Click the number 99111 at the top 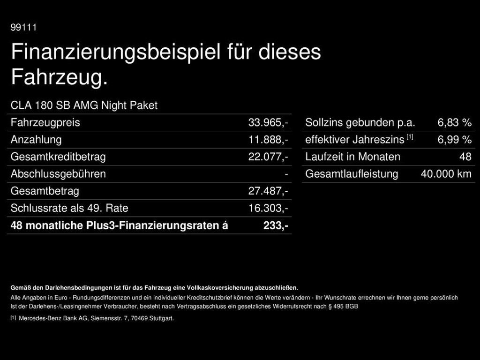point(23,28)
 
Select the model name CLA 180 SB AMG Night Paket point(84,105)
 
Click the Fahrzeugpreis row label point(45,123)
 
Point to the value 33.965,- point(268,123)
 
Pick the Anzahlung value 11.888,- point(268,140)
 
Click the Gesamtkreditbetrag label point(58,157)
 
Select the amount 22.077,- point(268,157)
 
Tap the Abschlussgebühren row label point(58,174)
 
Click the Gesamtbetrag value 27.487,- point(268,191)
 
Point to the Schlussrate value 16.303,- point(268,208)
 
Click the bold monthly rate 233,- point(276,225)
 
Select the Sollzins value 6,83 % point(454,123)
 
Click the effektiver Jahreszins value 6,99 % point(454,140)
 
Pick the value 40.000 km point(446,174)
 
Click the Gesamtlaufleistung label point(352,174)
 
